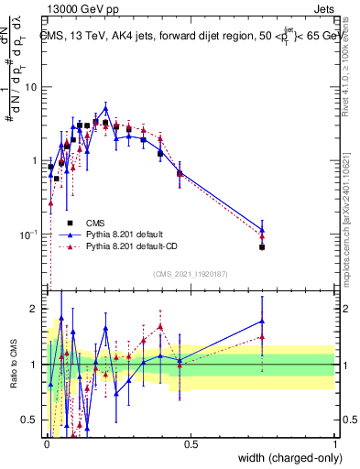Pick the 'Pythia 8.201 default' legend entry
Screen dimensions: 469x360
(119, 234)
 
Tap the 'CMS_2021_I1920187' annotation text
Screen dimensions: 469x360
(190, 274)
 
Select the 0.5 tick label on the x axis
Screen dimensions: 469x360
(191, 443)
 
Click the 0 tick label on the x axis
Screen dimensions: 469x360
(46, 443)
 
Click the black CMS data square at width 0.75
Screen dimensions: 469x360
(262, 247)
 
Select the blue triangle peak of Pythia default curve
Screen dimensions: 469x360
(105, 108)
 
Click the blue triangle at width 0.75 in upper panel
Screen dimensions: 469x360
(262, 230)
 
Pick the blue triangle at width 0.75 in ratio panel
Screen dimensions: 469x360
(262, 321)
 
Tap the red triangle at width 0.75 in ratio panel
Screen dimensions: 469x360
(262, 337)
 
